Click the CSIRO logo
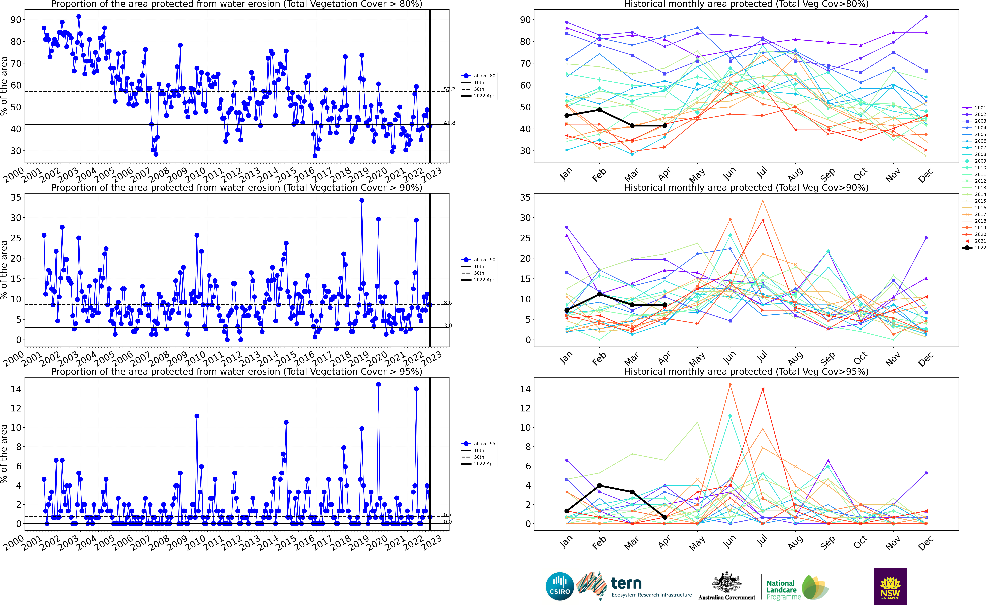pyautogui.click(x=560, y=586)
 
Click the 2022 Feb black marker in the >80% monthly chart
pyautogui.click(x=599, y=110)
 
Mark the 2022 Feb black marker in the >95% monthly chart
pyautogui.click(x=599, y=485)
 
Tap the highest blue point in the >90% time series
pyautogui.click(x=362, y=200)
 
